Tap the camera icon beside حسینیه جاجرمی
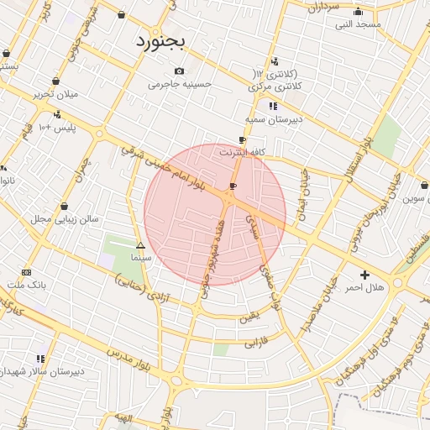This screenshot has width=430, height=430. coord(179,71)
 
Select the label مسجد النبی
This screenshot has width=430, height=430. coord(359,24)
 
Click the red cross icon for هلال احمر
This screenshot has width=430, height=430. coord(364,275)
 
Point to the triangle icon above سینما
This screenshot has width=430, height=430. coord(140,246)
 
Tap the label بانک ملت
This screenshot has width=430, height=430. coord(26,286)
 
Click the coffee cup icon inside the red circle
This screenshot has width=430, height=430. coord(233,186)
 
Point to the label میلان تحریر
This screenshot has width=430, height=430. coord(55,94)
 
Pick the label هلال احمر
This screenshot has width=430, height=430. coord(365,288)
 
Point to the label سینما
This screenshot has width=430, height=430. coord(140,260)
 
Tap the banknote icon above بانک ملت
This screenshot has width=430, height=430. coord(26,272)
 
